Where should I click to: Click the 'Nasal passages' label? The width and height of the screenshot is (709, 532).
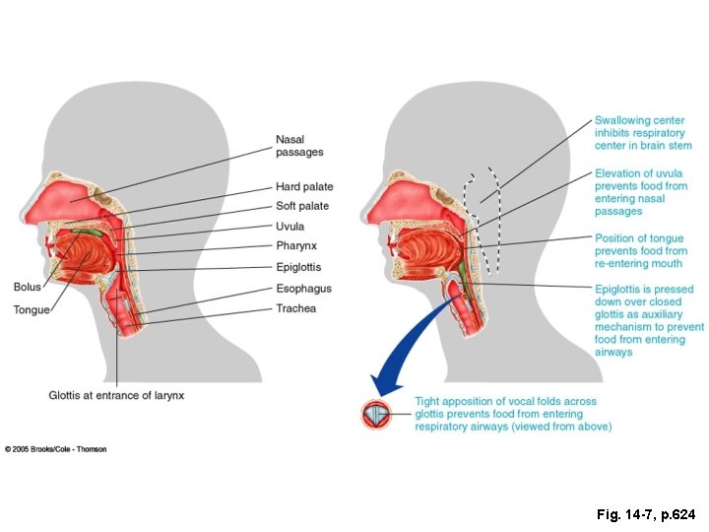coord(299,146)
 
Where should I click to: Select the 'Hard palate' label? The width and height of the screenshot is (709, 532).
coord(304,186)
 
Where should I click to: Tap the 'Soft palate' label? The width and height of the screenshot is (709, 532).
coord(302,206)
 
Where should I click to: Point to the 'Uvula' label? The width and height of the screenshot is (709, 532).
coord(290,227)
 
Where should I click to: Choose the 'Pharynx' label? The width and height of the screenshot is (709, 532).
coord(296,245)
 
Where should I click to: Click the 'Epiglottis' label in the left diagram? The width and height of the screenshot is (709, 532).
coord(298,267)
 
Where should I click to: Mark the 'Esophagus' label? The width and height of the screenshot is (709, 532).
coord(303,289)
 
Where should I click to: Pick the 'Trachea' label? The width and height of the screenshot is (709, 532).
coord(296,308)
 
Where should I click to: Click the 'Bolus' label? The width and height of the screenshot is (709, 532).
coord(27,287)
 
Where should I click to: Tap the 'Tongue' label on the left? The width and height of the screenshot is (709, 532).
coord(31,309)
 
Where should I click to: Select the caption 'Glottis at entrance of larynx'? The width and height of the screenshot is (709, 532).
coord(117,395)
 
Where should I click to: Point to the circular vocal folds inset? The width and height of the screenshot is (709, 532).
coord(376,415)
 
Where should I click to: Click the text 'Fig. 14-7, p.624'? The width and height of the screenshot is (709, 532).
coord(645,514)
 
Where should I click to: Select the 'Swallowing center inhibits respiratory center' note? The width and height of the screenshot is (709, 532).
coord(643,133)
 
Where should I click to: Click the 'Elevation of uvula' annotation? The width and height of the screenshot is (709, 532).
coord(641,192)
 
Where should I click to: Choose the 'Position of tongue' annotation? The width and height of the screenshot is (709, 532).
coord(641,250)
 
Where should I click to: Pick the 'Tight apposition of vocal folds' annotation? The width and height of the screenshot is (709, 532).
coord(513,414)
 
